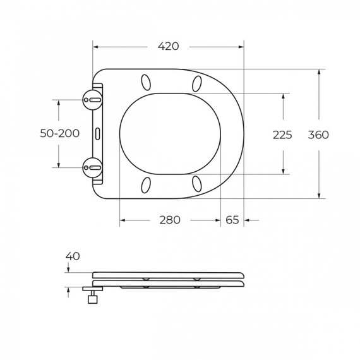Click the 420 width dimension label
169,46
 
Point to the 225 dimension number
282,135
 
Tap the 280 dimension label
169,220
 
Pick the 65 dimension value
232,220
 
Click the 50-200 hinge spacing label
59,133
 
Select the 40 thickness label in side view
73,256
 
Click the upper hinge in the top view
92,99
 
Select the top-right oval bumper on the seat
197,83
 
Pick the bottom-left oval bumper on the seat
147,184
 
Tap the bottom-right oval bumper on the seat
197,184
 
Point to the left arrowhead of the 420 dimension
95,46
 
